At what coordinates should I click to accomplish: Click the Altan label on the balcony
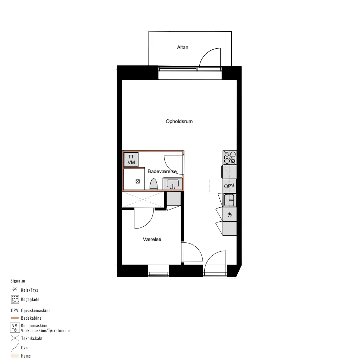pos(183,47)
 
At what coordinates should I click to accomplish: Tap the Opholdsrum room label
pos(179,122)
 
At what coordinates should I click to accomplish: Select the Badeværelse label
pos(162,171)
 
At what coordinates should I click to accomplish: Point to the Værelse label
pos(152,239)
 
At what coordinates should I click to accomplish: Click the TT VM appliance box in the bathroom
pos(131,159)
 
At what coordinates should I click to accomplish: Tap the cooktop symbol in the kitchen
pos(230,158)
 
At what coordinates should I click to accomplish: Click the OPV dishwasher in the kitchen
pos(229,186)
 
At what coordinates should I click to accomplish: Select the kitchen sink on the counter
pos(229,200)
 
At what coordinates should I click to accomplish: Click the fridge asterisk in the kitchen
pos(230,215)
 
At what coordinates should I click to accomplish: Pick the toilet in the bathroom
pos(154,184)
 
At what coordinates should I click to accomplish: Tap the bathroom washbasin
pos(173,184)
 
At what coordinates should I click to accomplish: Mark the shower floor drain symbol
pos(137,182)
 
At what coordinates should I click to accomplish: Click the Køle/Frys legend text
pos(29,290)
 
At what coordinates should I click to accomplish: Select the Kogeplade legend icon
pos(15,300)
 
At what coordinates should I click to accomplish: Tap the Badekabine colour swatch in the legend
pos(15,318)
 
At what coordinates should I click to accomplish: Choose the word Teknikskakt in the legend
pos(32,339)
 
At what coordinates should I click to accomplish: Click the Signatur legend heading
pos(18,281)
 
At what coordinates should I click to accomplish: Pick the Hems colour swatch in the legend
pos(15,356)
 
